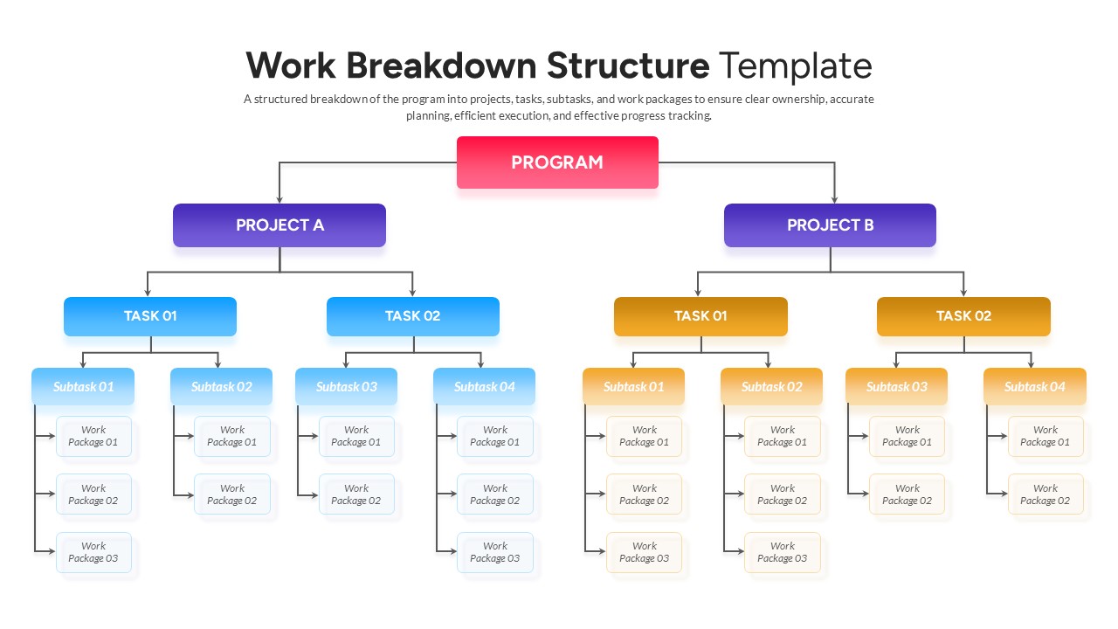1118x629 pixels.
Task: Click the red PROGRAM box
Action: (x=557, y=162)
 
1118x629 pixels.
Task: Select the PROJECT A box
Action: (x=279, y=225)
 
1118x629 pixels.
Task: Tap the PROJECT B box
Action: (x=830, y=225)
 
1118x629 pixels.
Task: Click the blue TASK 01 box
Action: (x=150, y=316)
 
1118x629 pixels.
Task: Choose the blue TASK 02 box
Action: (x=413, y=316)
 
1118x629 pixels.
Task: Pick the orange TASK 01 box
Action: (x=700, y=316)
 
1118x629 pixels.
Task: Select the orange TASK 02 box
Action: (x=963, y=316)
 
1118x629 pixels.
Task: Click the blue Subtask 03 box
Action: (x=346, y=386)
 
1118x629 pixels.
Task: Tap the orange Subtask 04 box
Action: (x=1035, y=386)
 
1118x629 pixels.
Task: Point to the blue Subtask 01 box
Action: (x=83, y=386)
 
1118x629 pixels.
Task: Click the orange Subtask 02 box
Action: (x=771, y=386)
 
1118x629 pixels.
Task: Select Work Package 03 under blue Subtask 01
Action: (x=93, y=552)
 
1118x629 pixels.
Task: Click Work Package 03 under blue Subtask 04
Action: (x=494, y=552)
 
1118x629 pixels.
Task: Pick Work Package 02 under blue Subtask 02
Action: (x=232, y=494)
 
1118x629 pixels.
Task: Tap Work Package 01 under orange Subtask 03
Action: (x=907, y=436)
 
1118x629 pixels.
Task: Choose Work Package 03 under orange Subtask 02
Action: (x=783, y=552)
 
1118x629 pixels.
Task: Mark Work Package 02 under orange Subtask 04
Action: (x=1046, y=494)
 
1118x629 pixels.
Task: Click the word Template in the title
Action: (x=795, y=66)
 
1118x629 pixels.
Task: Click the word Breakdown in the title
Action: (x=441, y=66)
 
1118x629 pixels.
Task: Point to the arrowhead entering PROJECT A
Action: (x=279, y=199)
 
